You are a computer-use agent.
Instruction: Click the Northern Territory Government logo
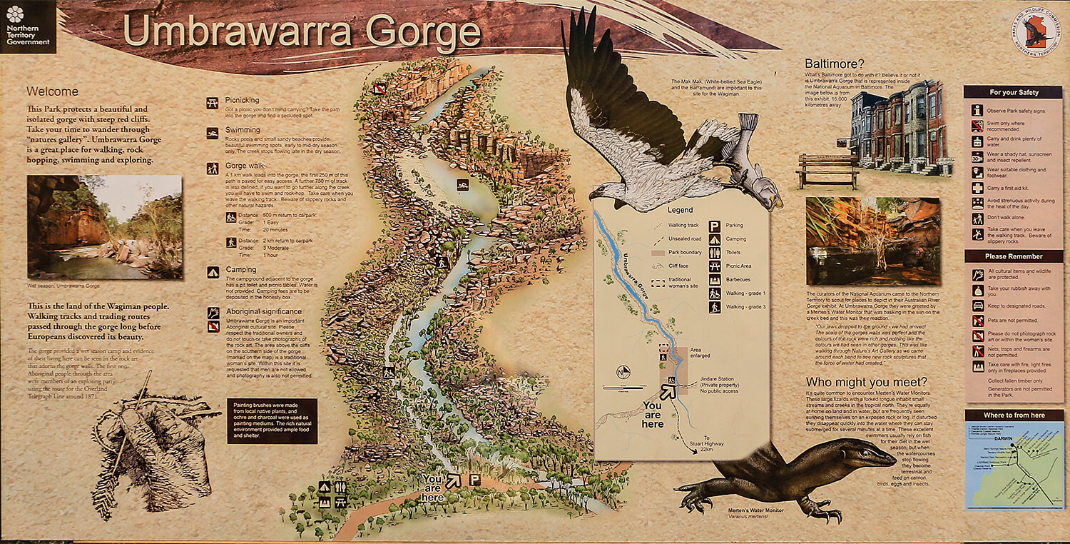coord(28,26)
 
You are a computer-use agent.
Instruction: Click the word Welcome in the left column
coord(52,92)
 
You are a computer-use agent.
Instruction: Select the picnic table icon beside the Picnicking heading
coord(213,104)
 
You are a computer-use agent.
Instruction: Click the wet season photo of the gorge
coord(105,227)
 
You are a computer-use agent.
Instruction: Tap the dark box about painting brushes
coord(272,421)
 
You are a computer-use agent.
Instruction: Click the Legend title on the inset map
coord(680,211)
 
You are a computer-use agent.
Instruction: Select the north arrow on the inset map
coord(623,371)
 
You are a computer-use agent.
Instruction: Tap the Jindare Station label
coord(721,380)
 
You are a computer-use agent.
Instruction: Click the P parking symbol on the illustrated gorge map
coord(474,480)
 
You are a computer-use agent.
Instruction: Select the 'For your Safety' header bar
coord(1014,92)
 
